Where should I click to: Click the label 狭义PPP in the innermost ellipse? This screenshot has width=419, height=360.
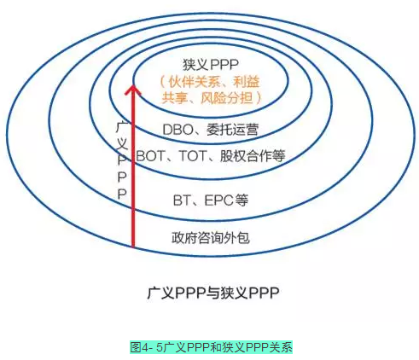coord(210,65)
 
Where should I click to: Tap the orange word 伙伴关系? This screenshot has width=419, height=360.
coord(195,82)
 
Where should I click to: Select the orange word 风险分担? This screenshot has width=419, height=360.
coord(227,98)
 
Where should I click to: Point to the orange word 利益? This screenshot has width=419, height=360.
coord(247,82)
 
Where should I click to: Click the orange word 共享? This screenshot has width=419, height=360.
coord(175,98)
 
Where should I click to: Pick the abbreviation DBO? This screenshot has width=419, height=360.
coord(177,130)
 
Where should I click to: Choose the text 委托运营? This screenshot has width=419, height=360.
coord(233,130)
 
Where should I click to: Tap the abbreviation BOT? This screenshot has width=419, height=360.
coord(151,156)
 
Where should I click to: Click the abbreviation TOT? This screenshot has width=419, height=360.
coord(193,156)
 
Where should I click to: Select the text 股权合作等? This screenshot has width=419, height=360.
coord(253,156)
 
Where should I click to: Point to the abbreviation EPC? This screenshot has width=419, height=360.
coord(219,200)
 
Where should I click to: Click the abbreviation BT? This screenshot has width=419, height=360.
coord(182,200)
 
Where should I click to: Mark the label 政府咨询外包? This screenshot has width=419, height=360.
coord(211,237)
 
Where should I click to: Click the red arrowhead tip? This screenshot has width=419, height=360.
coord(133,84)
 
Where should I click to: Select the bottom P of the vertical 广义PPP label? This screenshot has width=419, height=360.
coord(122,195)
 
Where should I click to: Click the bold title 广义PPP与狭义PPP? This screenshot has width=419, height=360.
coord(213,293)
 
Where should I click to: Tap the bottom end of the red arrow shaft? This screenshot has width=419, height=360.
coord(133,247)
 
